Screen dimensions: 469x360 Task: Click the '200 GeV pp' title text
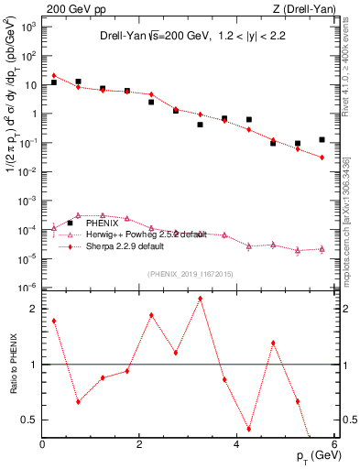point(74,8)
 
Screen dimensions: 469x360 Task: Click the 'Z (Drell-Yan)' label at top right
point(306,8)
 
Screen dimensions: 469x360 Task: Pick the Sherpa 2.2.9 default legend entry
point(136,246)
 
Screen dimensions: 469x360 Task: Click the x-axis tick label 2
point(139,444)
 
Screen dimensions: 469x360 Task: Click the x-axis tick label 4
point(236,444)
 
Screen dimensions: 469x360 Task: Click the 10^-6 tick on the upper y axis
point(27,288)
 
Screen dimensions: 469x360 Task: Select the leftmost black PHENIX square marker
point(54,82)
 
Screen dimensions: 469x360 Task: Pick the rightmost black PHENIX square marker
point(322,140)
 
